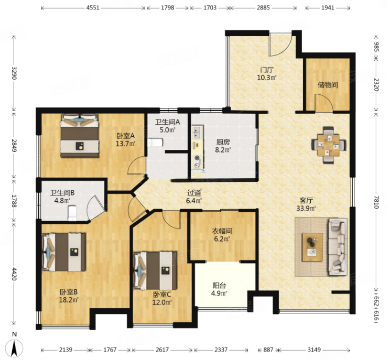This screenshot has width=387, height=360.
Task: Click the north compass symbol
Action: tap(14, 348)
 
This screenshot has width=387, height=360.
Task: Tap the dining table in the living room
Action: tap(328, 145)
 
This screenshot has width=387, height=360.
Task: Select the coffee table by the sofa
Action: tap(312, 247)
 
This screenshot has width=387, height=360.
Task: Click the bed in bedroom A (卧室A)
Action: tap(80, 135)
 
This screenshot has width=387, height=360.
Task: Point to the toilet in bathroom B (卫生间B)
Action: tap(73, 213)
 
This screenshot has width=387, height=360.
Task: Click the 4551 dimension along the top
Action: tap(93, 8)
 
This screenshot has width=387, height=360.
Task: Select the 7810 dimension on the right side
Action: tap(376, 202)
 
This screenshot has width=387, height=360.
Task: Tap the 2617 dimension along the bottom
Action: tap(162, 350)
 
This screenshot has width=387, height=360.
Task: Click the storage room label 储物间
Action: tap(328, 85)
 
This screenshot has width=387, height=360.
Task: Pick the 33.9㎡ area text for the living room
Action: tap(306, 208)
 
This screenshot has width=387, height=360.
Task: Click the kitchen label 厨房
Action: tap(223, 142)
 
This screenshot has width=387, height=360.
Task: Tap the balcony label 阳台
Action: tap(219, 286)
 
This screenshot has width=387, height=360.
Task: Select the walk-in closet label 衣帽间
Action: tap(222, 231)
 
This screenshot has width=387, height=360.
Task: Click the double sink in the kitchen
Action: tap(197, 132)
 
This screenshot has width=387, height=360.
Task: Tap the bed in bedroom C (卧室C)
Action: tap(155, 270)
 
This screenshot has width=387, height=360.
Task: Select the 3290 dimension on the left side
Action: tap(13, 73)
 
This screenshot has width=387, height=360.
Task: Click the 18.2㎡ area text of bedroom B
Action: tap(69, 300)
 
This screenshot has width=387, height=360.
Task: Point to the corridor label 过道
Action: tap(194, 193)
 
